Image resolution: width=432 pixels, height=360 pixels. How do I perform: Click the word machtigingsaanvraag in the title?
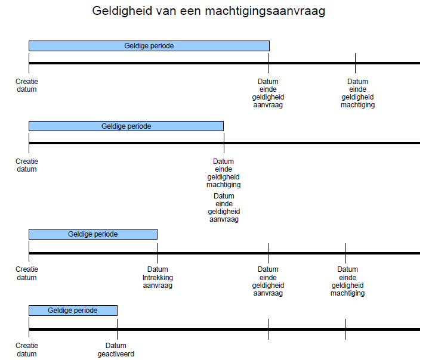(x=265, y=11)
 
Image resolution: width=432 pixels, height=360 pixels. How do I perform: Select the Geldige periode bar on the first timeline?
(x=149, y=46)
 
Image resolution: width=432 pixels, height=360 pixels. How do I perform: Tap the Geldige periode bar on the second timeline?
(x=126, y=126)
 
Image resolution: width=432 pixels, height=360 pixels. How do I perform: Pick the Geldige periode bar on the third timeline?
(x=93, y=234)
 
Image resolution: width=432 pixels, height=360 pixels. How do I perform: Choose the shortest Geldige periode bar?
(x=73, y=311)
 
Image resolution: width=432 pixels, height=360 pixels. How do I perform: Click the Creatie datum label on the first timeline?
(x=27, y=85)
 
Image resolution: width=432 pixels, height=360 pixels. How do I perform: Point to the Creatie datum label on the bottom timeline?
(x=27, y=349)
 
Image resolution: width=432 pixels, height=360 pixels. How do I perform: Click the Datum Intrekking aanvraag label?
(x=158, y=277)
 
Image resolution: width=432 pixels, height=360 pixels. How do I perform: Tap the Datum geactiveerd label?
(x=116, y=349)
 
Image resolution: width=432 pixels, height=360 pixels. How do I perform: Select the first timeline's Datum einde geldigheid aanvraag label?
(x=268, y=93)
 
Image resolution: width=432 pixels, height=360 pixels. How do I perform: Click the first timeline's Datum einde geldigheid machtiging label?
(x=357, y=93)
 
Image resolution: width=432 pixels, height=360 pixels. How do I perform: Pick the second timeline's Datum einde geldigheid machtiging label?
(x=223, y=173)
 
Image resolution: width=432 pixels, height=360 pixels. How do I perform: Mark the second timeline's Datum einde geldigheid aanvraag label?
(x=224, y=207)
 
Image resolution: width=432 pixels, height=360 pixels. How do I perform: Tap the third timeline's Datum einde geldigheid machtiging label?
(x=348, y=281)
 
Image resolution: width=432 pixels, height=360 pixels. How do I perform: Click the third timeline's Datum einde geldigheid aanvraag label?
(x=268, y=281)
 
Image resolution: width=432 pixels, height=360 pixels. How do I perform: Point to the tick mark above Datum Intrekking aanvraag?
(x=157, y=253)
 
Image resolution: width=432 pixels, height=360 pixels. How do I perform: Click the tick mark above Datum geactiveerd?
(x=117, y=329)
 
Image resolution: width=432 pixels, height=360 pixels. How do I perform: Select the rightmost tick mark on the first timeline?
(x=355, y=63)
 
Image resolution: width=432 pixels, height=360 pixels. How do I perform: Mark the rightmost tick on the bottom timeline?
(x=345, y=329)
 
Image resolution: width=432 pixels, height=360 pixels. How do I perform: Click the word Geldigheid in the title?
(x=122, y=11)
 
